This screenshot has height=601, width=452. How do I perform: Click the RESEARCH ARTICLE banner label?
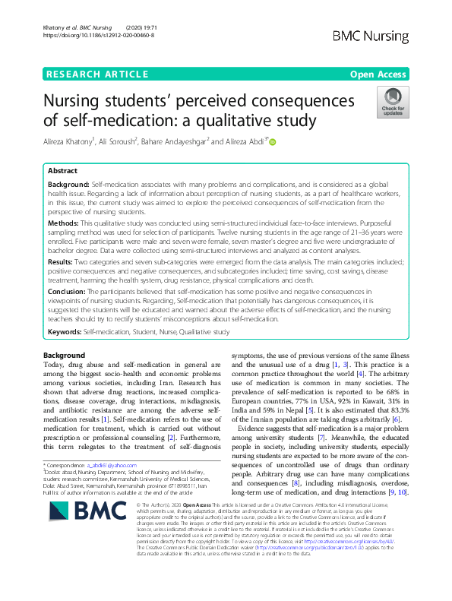coord(96,74)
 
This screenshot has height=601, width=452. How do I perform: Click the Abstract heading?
coord(62,172)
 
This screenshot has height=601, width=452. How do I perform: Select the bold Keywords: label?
coord(65,332)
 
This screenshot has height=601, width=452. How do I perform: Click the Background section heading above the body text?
coord(65,356)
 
